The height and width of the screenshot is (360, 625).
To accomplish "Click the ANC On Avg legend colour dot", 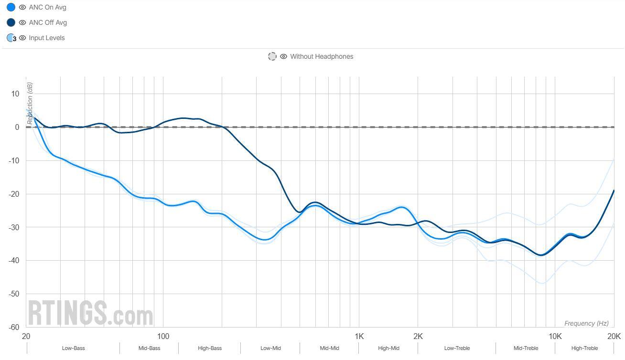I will pos(11,7).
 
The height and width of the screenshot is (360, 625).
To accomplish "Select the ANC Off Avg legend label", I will pos(48,22).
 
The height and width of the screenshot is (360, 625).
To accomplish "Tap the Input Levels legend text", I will pos(46,38).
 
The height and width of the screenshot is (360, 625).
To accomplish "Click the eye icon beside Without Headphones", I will pos(283,56).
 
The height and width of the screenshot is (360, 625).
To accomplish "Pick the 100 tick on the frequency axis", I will pos(163,336).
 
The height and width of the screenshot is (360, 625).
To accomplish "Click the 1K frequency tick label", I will pos(359,336).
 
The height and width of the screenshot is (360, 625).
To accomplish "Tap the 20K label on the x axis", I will pos(614,336).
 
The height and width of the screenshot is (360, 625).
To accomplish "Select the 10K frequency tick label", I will pos(555,336).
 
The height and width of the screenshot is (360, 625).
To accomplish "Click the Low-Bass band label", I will pos(73,348).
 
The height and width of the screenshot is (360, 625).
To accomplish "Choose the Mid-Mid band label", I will pos(329,348).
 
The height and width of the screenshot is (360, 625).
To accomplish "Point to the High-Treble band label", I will pos(584,348).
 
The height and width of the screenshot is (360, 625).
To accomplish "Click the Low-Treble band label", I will pos(457,348).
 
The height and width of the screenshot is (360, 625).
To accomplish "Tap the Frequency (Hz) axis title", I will pos(586,323).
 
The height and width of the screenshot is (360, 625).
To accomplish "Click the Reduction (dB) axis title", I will pos(30,103).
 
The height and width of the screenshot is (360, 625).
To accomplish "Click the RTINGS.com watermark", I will pos(90,313).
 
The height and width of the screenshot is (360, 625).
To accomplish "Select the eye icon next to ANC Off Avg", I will pos(22,22).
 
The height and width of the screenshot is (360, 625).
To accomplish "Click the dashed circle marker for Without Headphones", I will pos(272,56).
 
